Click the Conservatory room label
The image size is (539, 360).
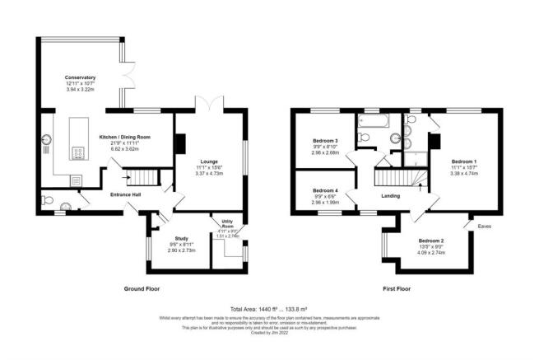point(81,77)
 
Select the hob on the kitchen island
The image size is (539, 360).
point(79,152)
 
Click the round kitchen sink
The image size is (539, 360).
point(47,139)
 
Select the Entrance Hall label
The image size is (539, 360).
point(128,194)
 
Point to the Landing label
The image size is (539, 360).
point(390,195)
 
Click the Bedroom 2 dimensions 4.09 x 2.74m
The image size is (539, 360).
point(432,252)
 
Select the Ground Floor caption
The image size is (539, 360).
point(142,288)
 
